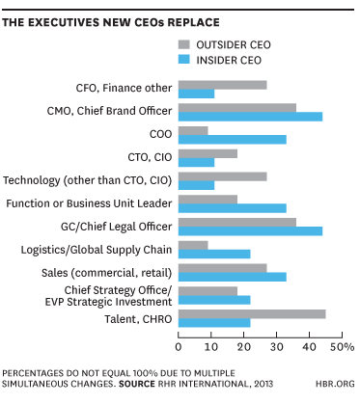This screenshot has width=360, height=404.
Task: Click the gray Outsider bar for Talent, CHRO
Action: [252, 312]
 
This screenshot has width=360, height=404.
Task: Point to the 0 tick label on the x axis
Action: [179, 344]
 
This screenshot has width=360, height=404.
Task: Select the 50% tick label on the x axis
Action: [344, 344]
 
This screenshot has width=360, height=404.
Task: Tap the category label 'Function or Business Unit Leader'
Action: [89, 202]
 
